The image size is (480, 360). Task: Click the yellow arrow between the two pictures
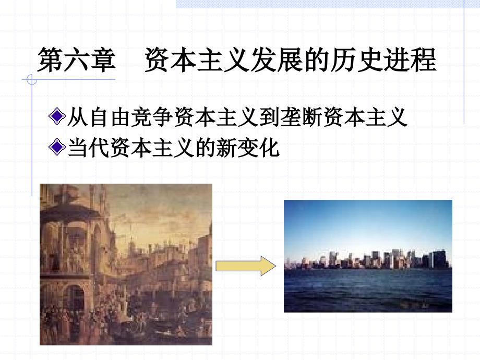coord(245,267)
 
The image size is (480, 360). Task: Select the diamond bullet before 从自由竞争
coord(56,117)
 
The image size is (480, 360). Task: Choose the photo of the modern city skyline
coord(367,256)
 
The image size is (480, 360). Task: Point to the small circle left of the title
coord(32,80)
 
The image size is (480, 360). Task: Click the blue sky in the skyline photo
coord(367,224)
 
